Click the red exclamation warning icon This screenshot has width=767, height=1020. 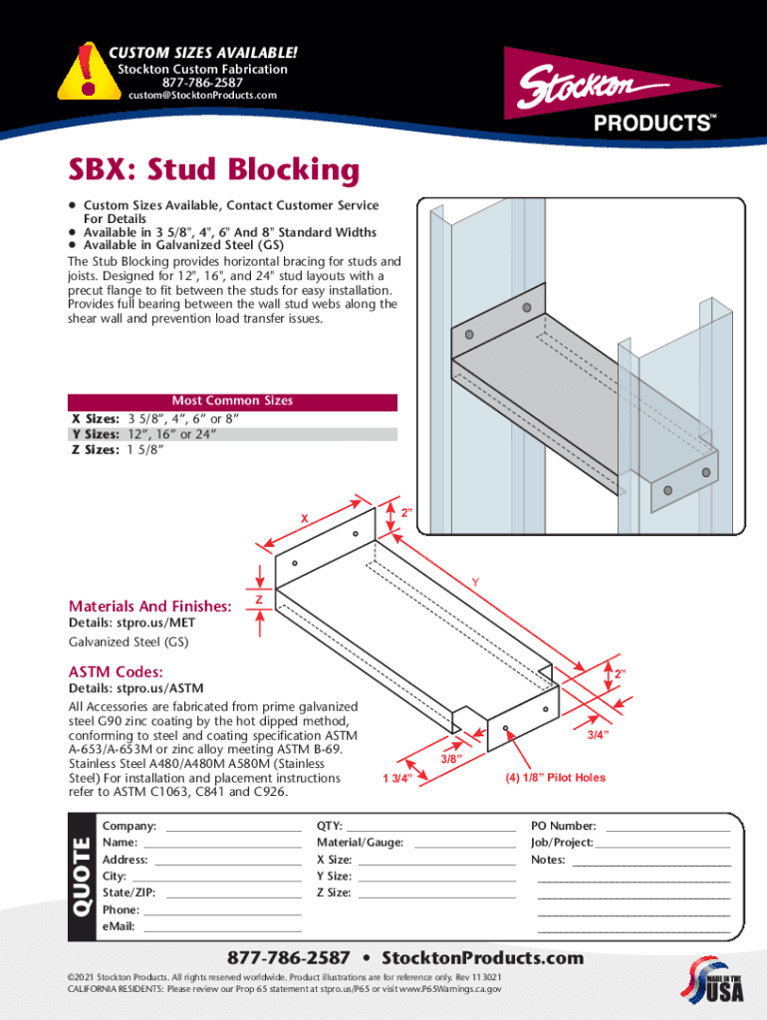(x=89, y=72)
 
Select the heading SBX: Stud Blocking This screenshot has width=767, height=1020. (x=212, y=170)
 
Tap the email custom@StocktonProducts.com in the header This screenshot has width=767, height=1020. (x=202, y=96)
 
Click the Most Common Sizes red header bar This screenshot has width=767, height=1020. (x=232, y=401)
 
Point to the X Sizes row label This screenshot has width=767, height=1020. (x=95, y=419)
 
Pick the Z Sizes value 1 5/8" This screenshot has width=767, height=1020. (x=145, y=449)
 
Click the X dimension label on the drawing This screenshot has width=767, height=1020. (x=305, y=517)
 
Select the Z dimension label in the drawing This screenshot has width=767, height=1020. (x=259, y=600)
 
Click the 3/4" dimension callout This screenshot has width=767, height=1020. (x=598, y=735)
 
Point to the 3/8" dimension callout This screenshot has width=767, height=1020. (x=451, y=760)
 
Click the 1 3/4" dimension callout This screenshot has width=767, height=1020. (x=398, y=779)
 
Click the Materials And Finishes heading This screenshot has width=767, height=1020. (x=149, y=606)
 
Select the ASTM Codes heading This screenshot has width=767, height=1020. (x=116, y=671)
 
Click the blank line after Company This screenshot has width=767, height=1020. (x=233, y=828)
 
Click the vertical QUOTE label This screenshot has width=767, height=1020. (x=81, y=878)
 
